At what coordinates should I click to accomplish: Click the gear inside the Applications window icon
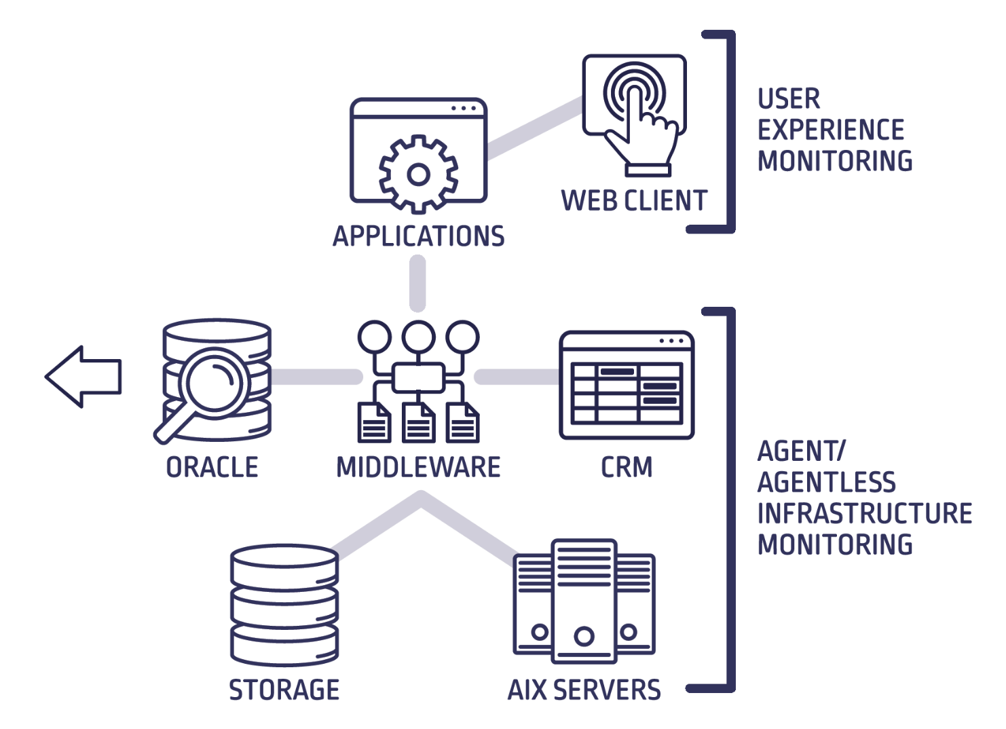pos(418,174)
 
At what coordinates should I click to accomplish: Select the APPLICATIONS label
pos(418,236)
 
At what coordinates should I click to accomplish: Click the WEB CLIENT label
pos(634,201)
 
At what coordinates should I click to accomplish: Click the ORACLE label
pos(212,467)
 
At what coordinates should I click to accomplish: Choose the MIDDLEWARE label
pos(418,467)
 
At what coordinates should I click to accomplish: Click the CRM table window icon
pos(626,385)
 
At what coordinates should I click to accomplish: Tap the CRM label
pos(626,467)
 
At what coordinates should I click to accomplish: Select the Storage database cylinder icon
pos(284,604)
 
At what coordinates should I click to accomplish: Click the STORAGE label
pos(284,690)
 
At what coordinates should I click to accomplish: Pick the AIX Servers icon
pos(584,601)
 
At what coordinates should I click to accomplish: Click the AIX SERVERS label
pos(584,690)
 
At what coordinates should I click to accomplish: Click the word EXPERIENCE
pos(831,130)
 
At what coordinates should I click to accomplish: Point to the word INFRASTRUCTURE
pos(864,513)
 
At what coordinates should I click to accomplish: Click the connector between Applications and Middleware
pos(418,283)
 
